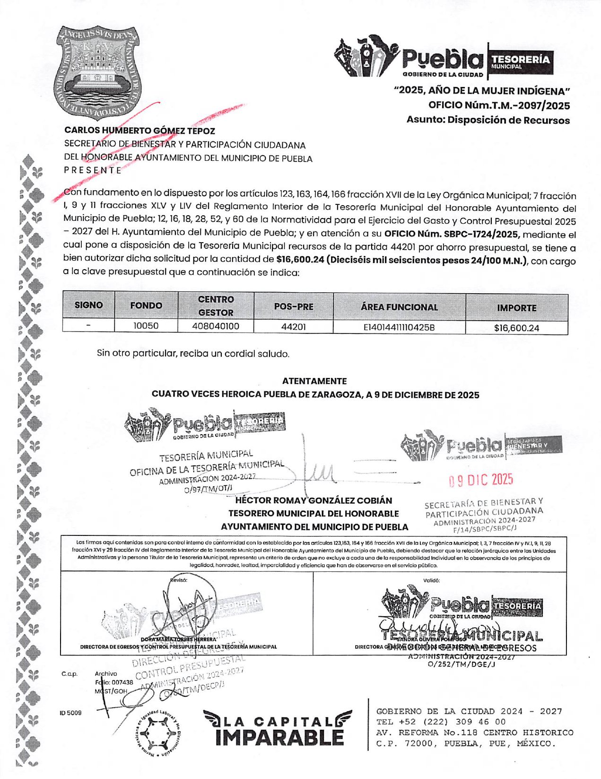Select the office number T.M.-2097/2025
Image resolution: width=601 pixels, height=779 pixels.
pos(499,105)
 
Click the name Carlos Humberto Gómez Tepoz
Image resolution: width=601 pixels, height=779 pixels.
pos(139,131)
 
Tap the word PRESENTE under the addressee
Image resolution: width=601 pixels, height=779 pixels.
pos(93,171)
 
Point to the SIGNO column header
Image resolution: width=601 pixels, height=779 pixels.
pos(88,305)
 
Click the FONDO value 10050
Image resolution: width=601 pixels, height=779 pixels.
pos(146,326)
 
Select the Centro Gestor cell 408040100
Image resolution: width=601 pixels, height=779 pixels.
pos(216,326)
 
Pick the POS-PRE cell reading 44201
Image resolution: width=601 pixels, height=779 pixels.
pos(293,327)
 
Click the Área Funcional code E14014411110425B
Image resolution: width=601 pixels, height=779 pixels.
pos(399,327)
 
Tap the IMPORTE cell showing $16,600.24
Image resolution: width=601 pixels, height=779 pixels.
pos(516,328)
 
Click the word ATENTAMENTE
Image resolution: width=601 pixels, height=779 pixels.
pos(314,381)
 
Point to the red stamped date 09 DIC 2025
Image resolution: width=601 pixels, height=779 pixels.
pos(481,480)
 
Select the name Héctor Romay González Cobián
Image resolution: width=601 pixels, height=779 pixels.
pos(314,500)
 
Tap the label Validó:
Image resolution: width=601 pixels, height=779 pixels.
pos(432,580)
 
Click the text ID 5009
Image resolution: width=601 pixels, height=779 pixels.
pos(70,713)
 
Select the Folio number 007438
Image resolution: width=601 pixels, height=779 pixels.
pos(122,683)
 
